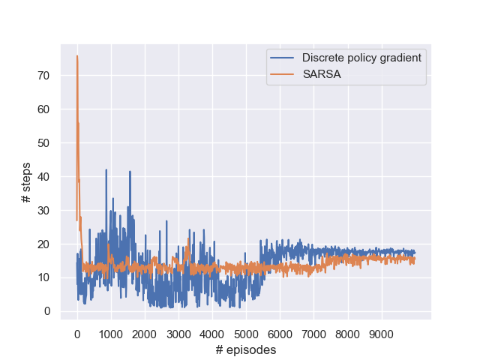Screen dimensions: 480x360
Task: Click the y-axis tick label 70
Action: pos(43,76)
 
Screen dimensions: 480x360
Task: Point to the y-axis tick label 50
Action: pos(43,143)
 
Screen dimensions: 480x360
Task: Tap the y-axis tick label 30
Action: pos(43,211)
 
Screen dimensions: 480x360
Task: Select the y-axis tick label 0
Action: pos(47,311)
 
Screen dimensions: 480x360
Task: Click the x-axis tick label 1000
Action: pos(111,334)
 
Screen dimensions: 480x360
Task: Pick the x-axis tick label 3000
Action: pos(178,334)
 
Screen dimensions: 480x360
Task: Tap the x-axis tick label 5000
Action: pos(246,334)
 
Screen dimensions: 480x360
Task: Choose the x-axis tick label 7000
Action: pos(313,334)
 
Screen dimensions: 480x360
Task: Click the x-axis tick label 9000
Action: pos(382,334)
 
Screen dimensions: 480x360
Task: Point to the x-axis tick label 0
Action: pos(77,334)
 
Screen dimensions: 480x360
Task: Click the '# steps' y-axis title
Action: pos(26,182)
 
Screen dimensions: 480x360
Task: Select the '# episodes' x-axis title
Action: pos(246,349)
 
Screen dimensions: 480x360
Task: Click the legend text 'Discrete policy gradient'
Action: pos(361,58)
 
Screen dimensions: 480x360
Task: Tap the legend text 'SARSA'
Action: pos(322,74)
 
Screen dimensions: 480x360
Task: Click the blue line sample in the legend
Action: pos(282,58)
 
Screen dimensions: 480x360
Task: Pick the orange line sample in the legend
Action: pos(282,74)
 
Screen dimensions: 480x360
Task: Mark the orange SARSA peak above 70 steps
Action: pos(77,55)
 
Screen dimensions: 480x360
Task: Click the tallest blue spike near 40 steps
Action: pos(106,169)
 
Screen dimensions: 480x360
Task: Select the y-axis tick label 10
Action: pos(43,277)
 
